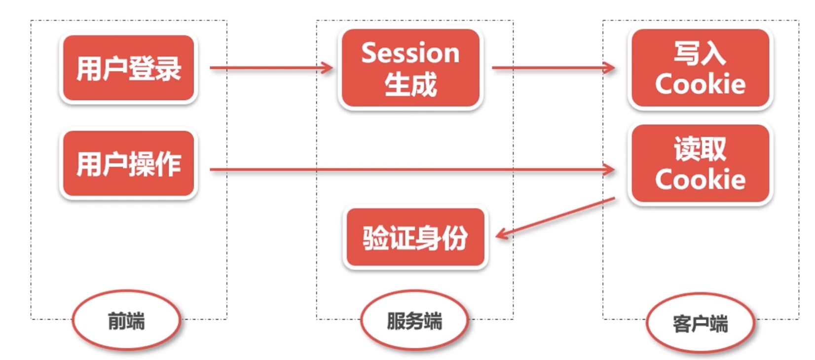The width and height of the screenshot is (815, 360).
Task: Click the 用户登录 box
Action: point(128,68)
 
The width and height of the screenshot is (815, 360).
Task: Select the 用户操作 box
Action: point(128,164)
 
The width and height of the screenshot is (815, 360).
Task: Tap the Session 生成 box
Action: point(410,68)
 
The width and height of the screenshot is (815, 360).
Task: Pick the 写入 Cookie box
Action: point(700,68)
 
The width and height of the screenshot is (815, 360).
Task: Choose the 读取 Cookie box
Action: point(700,164)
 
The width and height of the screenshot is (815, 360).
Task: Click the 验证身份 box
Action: point(415,238)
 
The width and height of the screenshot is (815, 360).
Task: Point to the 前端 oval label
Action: point(126,321)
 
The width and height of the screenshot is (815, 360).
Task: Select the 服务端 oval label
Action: point(414,321)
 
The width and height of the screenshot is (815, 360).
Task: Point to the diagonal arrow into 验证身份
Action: point(555,217)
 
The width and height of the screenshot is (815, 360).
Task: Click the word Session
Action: point(410,53)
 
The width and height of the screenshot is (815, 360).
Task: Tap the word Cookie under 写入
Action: point(700,84)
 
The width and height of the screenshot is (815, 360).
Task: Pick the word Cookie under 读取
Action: point(700,179)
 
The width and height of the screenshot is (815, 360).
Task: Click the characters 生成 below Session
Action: point(410,84)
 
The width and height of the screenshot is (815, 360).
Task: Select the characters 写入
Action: point(700,53)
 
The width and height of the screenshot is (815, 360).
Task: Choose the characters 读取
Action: point(700,148)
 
